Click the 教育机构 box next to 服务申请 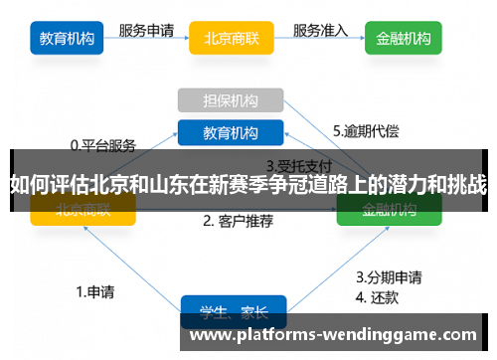tap(68, 40)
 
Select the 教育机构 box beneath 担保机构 tap(231, 132)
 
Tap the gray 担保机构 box tap(231, 100)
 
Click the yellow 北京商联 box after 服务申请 tap(232, 40)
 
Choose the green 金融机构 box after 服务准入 tap(404, 40)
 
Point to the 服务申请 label tap(148, 30)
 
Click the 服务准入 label tap(320, 30)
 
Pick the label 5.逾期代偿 tap(366, 130)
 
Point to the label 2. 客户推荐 tap(239, 220)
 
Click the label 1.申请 tap(94, 292)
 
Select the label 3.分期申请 tap(389, 277)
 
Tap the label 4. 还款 tap(381, 296)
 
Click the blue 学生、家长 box tap(233, 311)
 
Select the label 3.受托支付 tap(298, 165)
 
